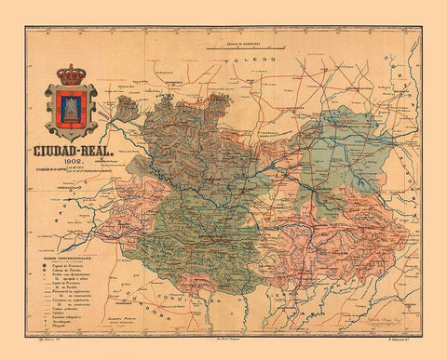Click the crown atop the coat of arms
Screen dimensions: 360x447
pos(70,73)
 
